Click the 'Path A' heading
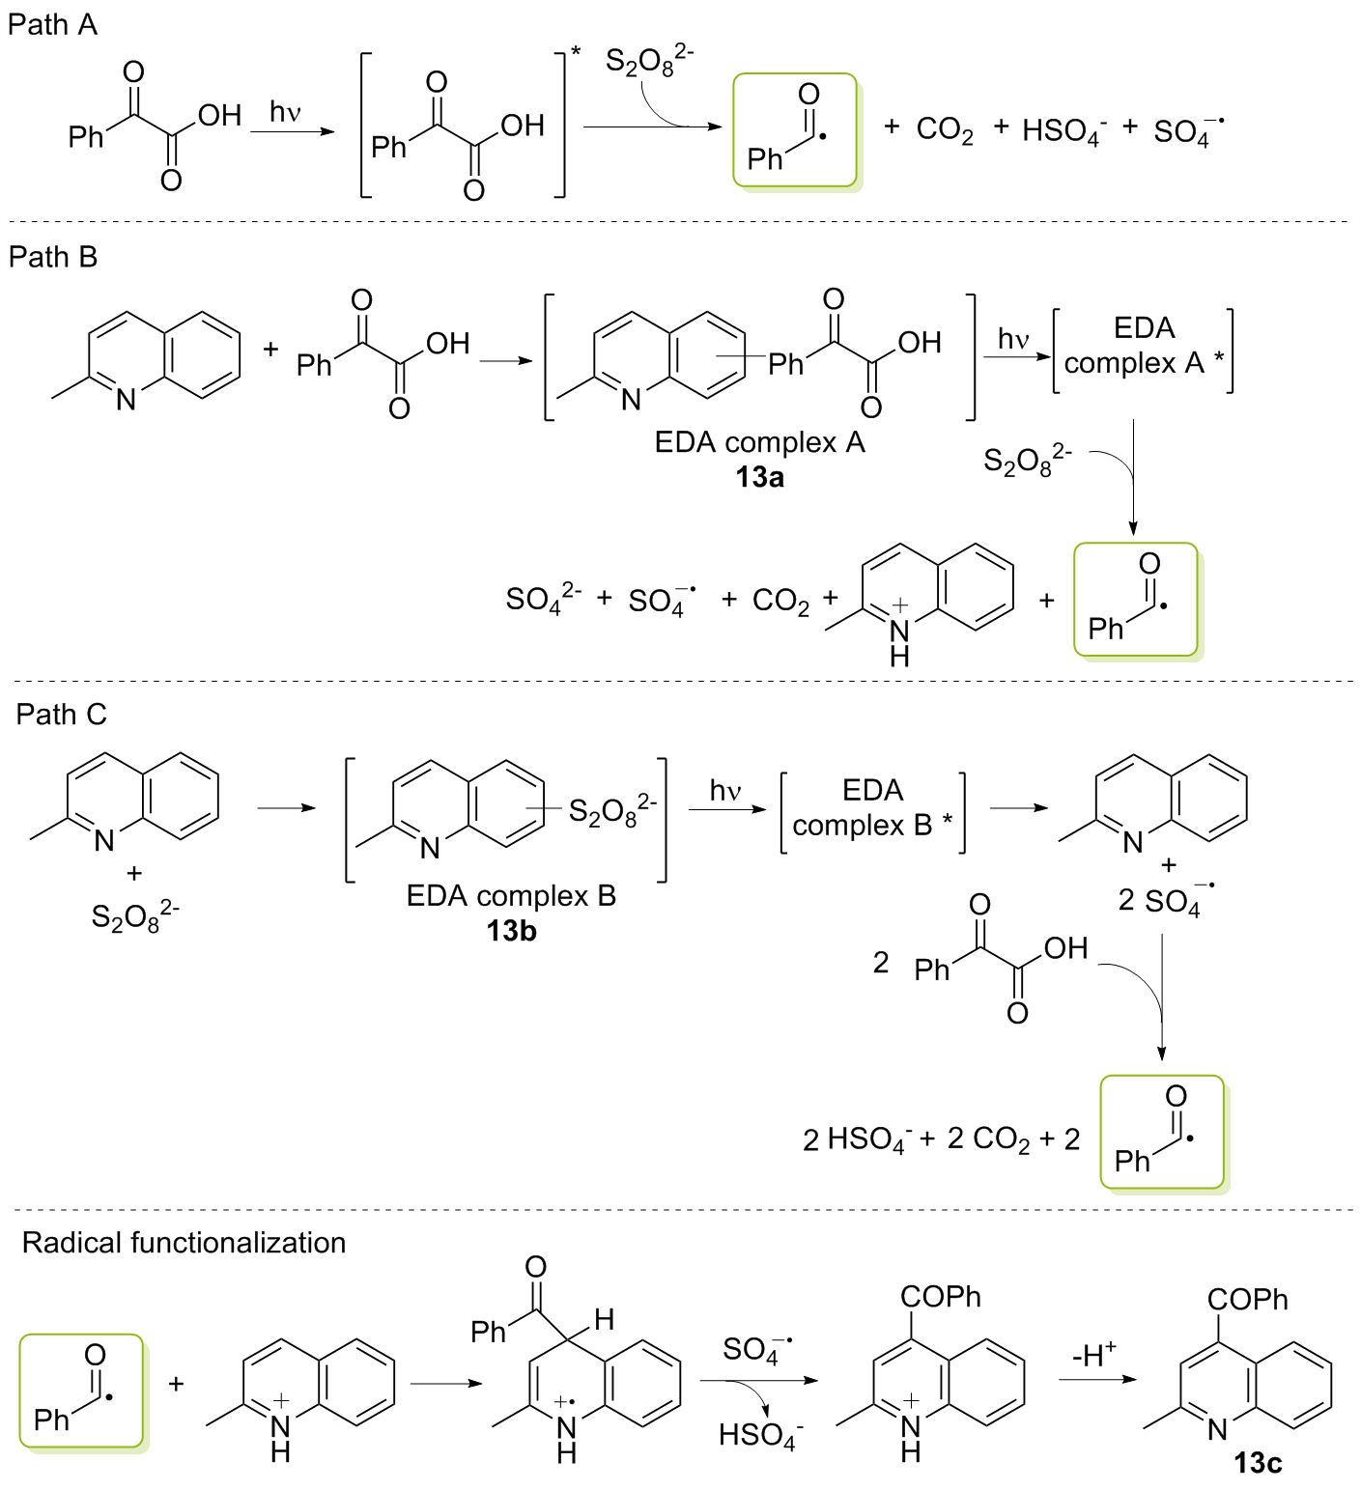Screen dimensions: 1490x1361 52,25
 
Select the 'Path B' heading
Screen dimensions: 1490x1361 53,257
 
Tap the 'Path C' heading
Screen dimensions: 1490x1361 61,715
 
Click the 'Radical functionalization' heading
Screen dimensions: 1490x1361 184,1243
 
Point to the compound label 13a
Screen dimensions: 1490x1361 759,477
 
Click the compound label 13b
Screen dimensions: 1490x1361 511,931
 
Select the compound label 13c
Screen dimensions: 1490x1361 1258,1463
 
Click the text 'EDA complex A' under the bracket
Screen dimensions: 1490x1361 759,442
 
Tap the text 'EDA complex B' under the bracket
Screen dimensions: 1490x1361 511,896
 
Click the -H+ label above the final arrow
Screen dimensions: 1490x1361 1094,1355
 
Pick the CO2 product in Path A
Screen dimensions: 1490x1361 944,129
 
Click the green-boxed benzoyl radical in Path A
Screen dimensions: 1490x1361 795,129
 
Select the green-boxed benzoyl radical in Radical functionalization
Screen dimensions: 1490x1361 81,1391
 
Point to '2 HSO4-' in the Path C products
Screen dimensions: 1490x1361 856,1139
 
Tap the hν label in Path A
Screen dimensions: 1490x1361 286,113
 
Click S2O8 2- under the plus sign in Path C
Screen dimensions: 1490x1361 134,915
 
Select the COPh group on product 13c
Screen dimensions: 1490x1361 1247,1300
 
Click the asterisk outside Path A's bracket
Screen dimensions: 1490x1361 577,50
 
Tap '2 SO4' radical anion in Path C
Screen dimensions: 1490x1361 1164,900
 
